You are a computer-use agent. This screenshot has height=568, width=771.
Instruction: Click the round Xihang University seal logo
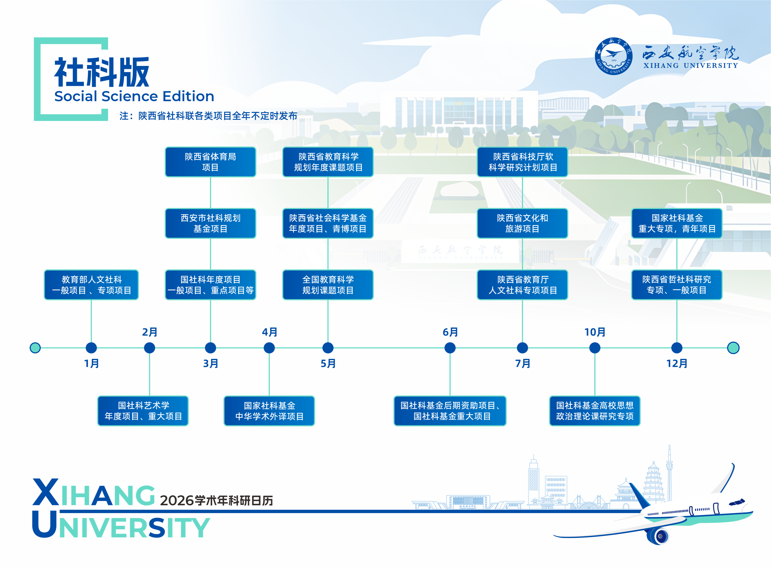tap(613, 56)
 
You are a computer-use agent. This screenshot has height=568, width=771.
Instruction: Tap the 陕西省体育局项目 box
tap(210, 162)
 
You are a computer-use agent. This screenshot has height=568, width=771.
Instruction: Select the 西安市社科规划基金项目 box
tap(210, 223)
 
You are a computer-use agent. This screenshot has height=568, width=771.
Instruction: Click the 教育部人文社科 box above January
tap(91, 285)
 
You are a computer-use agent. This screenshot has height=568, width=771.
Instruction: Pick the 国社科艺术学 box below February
tap(143, 411)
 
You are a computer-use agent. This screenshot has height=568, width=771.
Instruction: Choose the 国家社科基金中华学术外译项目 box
tap(269, 411)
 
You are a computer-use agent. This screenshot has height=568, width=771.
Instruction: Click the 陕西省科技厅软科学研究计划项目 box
tap(522, 162)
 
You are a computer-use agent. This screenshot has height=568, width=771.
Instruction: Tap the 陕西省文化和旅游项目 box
tap(522, 223)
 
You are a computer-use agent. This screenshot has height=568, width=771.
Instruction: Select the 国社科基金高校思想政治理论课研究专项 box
tap(594, 411)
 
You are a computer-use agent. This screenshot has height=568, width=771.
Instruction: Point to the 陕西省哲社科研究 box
tap(676, 285)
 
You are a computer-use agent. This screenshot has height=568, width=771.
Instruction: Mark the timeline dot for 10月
tap(594, 348)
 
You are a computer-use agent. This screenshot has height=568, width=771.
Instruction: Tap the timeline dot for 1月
tap(91, 348)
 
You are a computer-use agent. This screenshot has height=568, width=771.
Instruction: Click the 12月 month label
tap(676, 363)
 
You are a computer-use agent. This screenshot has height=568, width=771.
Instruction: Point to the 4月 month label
tap(269, 332)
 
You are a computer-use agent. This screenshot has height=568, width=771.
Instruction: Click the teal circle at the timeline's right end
tap(733, 348)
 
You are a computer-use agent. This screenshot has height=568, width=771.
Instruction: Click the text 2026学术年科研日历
tap(216, 500)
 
